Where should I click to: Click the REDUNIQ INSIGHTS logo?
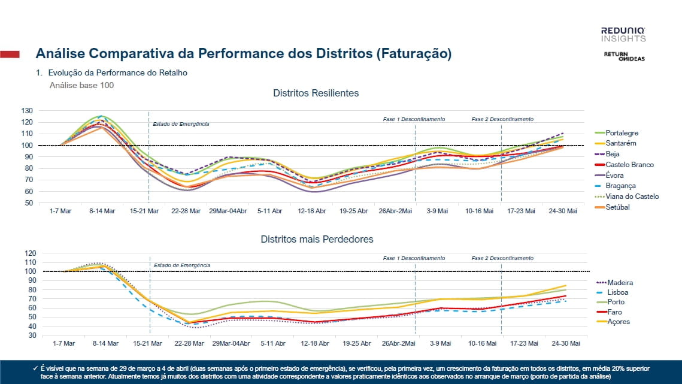623,34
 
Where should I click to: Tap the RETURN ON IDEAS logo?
624,56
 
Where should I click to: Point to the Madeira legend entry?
620,283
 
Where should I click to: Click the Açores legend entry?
619,322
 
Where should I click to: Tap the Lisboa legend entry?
619,292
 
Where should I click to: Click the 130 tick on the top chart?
26,111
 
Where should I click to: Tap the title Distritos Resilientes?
316,93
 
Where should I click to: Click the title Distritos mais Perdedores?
317,239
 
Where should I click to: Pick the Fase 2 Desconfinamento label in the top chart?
502,119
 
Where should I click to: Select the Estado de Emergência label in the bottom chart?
182,265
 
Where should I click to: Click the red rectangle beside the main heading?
10,55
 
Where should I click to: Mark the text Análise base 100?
81,85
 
